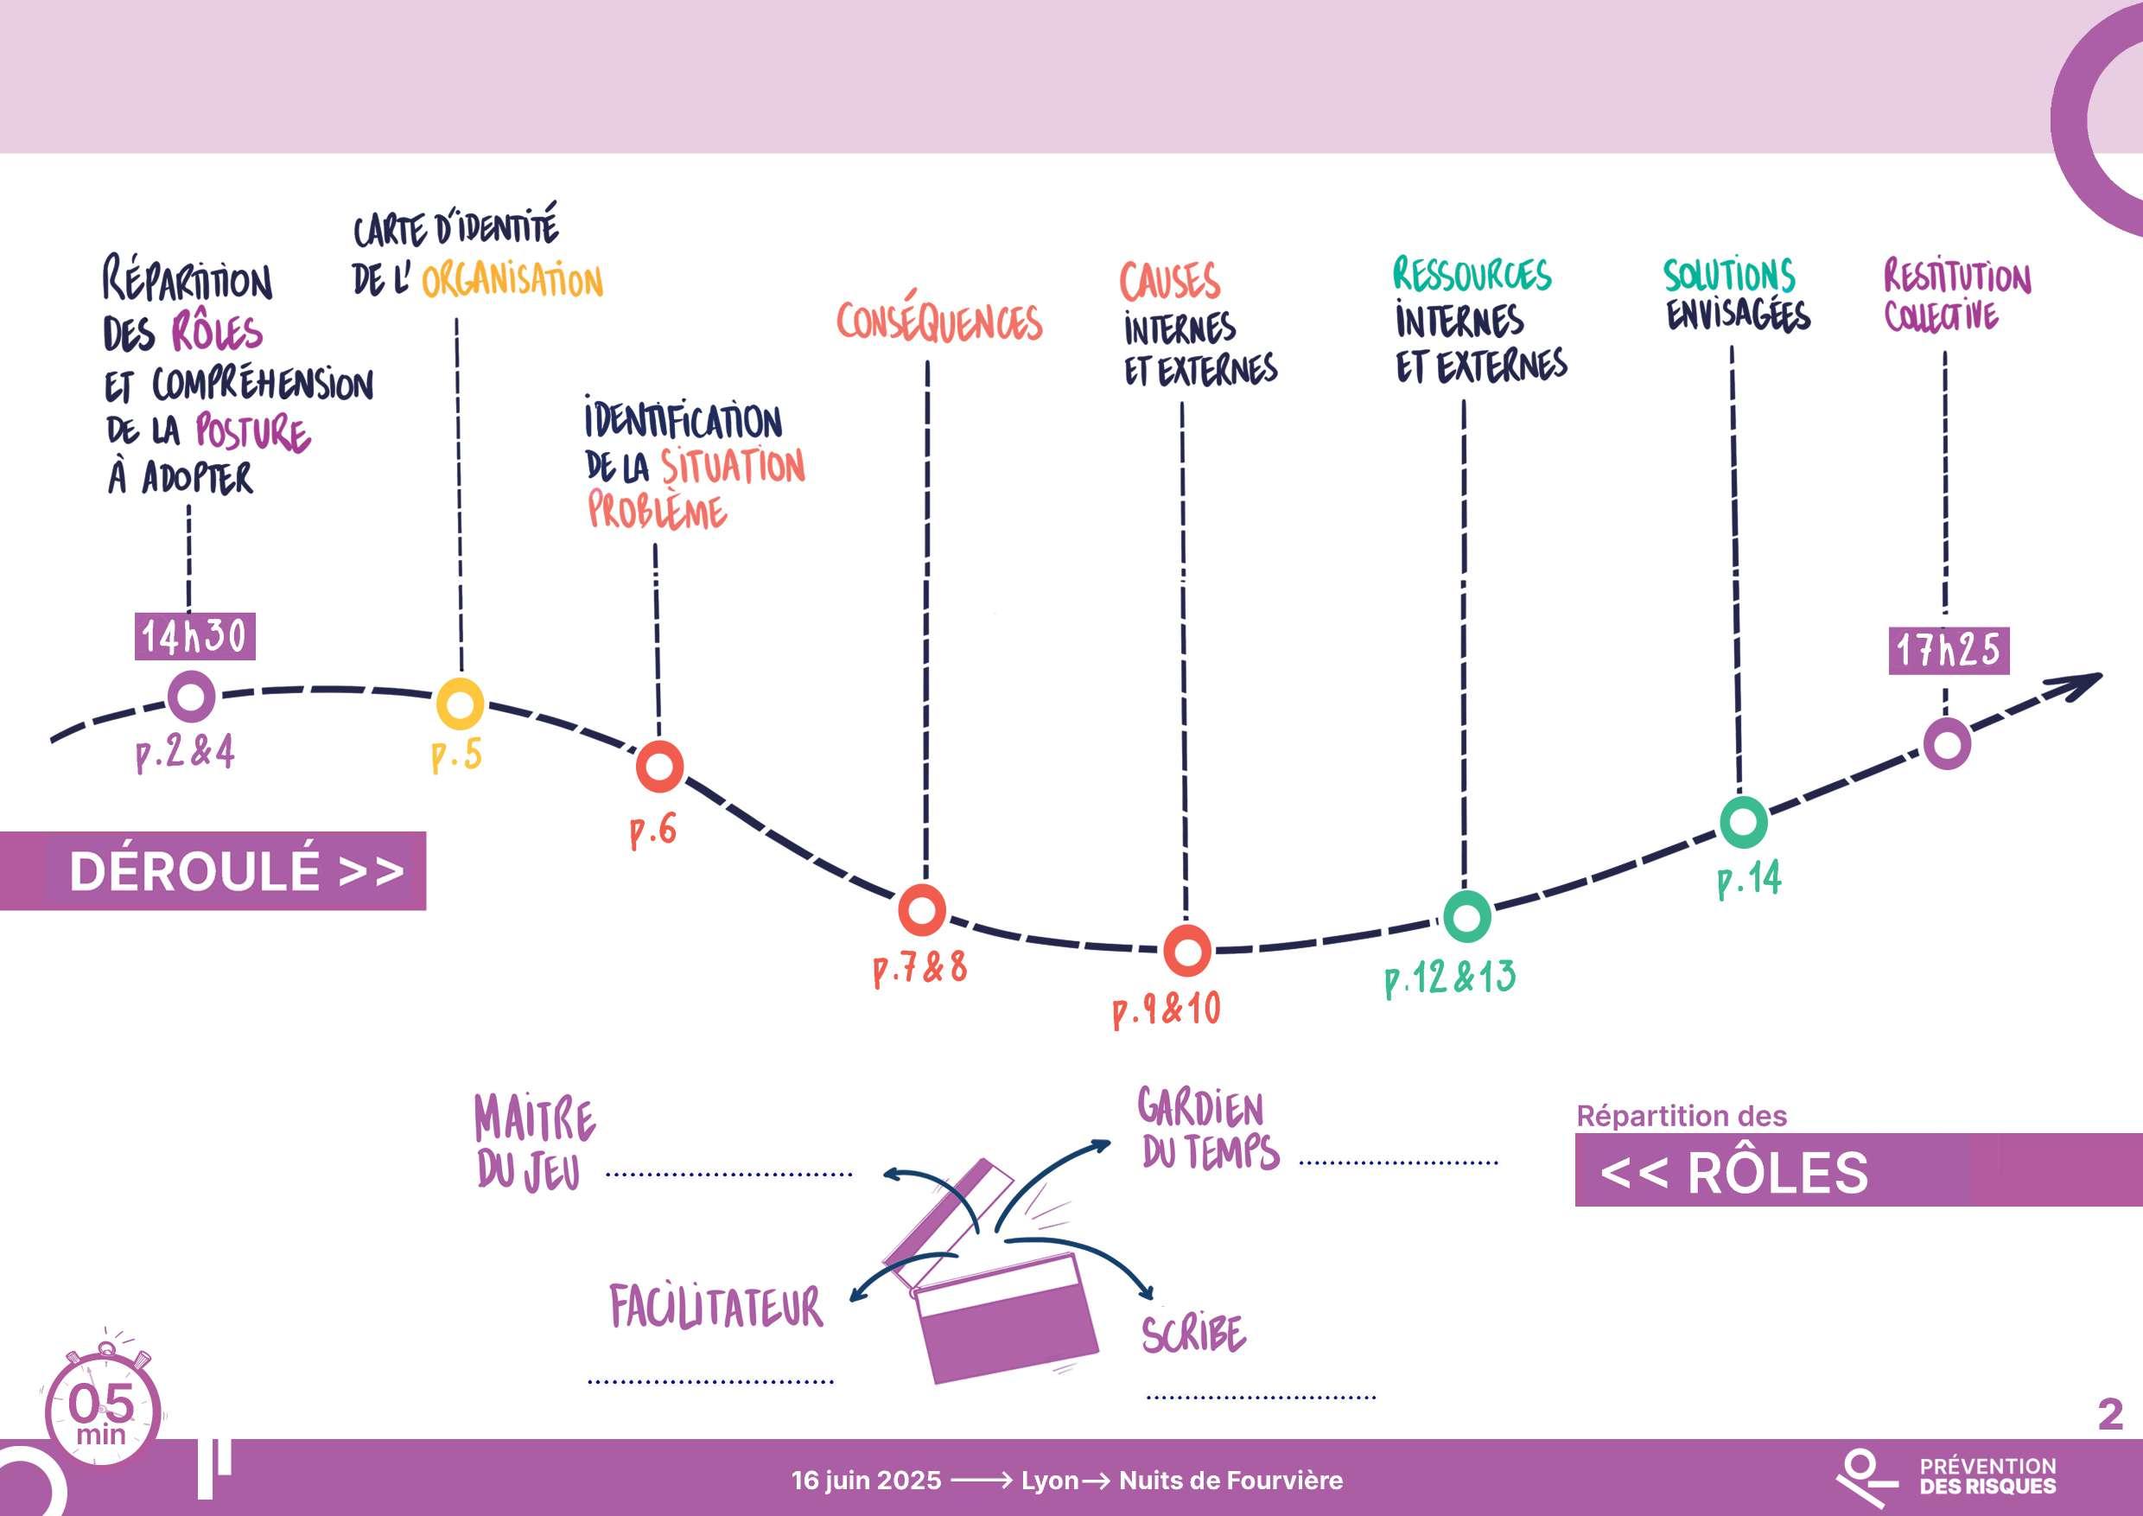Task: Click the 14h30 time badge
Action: pos(194,637)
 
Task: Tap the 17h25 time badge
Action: pos(1948,651)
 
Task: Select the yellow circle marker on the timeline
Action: pos(461,704)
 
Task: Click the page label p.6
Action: pos(652,830)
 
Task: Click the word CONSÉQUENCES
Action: pos(938,322)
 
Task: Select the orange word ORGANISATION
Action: pos(512,281)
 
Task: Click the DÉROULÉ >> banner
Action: pos(213,871)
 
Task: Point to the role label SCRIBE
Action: pos(1192,1333)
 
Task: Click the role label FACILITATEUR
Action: pos(717,1307)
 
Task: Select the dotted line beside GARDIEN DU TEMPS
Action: pos(1398,1163)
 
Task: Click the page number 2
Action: pos(2109,1415)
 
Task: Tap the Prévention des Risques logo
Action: pos(1946,1478)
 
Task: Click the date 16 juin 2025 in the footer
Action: pos(866,1481)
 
